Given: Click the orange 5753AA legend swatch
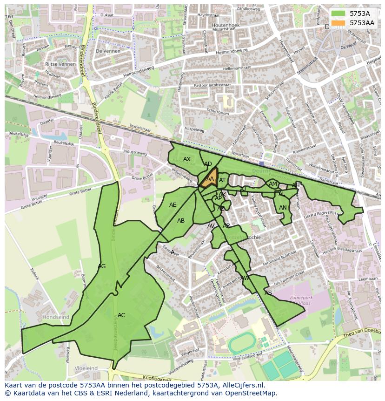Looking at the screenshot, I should (339, 23).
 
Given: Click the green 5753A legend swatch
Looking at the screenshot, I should (339, 14).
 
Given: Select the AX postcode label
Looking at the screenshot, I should (187, 159).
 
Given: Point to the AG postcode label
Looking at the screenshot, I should (102, 266).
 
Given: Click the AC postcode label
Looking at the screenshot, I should (121, 315).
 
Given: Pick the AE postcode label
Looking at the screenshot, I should (173, 205).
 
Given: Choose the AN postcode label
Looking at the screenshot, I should (283, 208).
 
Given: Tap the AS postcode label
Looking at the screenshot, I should (268, 293).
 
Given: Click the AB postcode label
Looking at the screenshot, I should (181, 221).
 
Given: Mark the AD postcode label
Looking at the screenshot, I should (208, 164).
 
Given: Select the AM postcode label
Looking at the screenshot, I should (273, 184).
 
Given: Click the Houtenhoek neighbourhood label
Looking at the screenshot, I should (226, 25).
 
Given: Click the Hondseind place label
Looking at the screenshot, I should (56, 317).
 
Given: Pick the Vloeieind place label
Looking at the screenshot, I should (86, 368).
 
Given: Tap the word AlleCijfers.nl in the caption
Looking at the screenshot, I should (241, 385).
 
